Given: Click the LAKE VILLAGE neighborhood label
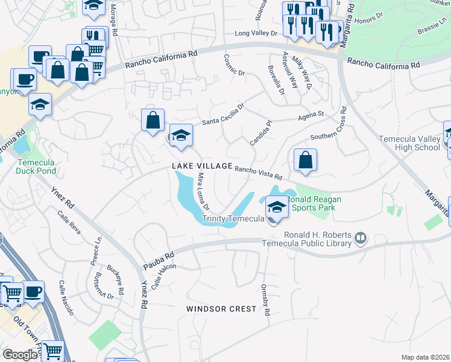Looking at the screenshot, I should point(201,166).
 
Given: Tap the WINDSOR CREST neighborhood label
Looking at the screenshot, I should point(221,309).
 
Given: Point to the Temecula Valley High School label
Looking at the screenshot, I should point(409,143).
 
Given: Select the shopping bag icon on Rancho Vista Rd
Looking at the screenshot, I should point(306,160).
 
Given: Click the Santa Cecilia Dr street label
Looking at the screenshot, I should point(223,115).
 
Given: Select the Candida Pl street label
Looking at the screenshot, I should point(261,132).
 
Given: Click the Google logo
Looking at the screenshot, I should point(20,355).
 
